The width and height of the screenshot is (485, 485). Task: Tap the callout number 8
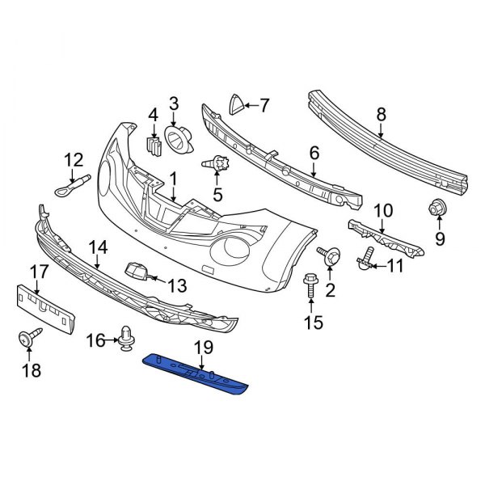point(381,114)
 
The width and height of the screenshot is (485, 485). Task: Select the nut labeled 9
point(437,208)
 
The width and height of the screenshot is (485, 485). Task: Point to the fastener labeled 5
point(217,163)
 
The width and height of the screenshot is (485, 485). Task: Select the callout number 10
point(382,210)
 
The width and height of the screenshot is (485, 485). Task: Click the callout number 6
point(314,152)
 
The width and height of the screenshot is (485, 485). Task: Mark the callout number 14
point(98,247)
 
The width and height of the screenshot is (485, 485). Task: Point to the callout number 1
point(171,175)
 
